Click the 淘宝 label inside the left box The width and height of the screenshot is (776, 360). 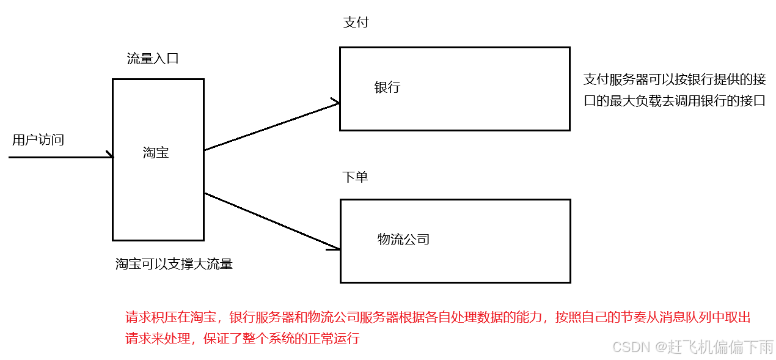(156, 153)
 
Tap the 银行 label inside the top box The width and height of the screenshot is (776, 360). (387, 87)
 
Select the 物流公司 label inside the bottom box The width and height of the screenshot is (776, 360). (403, 239)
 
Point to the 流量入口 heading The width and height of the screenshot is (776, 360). (153, 59)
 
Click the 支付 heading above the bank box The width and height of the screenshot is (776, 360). (356, 23)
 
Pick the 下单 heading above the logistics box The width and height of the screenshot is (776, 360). (355, 177)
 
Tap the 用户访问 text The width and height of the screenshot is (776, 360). (38, 140)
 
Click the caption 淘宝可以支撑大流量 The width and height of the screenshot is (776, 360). (174, 264)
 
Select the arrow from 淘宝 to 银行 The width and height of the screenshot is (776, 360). (271, 127)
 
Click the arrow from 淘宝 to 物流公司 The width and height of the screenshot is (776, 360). (271, 221)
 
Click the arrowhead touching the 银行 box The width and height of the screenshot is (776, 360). (335, 103)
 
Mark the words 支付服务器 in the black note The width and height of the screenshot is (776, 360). (614, 79)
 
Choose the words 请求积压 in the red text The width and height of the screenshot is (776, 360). (150, 317)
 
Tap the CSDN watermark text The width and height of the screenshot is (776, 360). (630, 347)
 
